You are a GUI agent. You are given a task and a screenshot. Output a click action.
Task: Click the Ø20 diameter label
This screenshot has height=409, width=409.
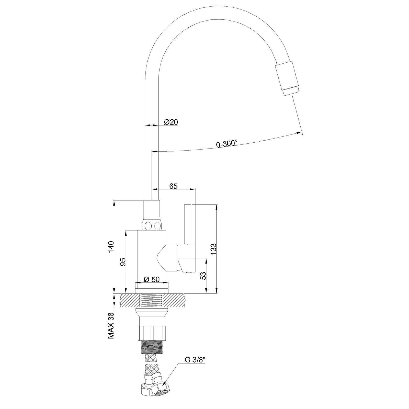(171, 122)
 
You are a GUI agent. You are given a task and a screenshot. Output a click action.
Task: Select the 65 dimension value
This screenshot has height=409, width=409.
(173, 186)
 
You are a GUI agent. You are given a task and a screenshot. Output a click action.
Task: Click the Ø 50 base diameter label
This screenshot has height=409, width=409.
(152, 279)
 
